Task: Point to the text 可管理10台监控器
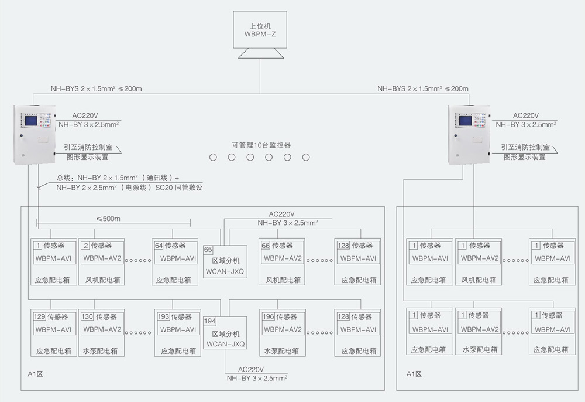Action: (x=261, y=144)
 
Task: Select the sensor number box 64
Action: (x=159, y=246)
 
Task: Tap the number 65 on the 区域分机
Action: (x=208, y=250)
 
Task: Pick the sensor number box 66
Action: (x=266, y=246)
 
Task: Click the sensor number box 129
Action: (x=39, y=316)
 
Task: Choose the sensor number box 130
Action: (x=87, y=316)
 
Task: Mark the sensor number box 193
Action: (x=163, y=316)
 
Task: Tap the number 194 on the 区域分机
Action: (x=209, y=322)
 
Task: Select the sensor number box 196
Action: (x=269, y=316)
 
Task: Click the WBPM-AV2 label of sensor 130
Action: (x=102, y=329)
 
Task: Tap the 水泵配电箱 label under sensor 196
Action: (x=281, y=351)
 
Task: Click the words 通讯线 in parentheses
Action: (x=158, y=177)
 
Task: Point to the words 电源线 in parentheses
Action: (x=135, y=188)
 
